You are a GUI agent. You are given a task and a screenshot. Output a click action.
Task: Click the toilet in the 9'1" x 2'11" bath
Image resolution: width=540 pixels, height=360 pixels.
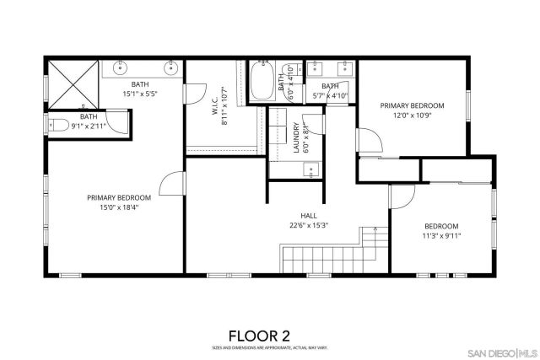tap(59, 126)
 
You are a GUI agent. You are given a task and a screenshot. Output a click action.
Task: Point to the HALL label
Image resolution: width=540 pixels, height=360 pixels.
tap(309, 215)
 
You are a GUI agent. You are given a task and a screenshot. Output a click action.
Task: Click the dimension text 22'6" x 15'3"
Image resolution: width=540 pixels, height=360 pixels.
tap(309, 225)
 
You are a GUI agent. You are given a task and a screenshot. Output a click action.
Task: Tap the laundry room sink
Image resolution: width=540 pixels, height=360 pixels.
tap(311, 171)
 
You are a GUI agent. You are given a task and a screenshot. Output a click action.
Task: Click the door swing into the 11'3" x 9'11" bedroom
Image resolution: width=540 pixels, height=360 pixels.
tap(400, 197)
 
